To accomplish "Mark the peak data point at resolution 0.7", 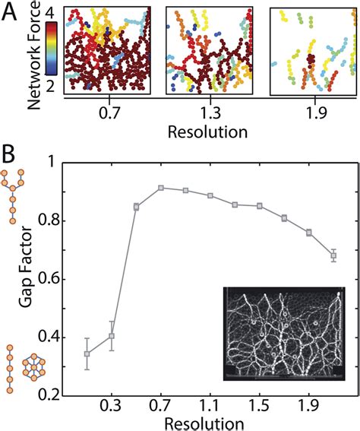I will (x=161, y=188).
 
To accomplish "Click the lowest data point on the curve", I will (x=87, y=353).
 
